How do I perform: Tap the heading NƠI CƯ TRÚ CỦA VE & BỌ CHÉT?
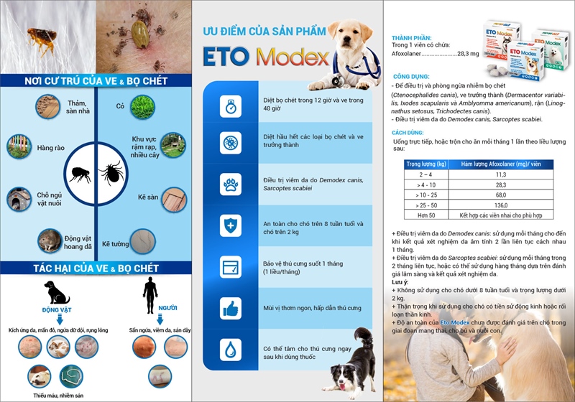pos(96,80)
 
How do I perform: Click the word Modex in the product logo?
pos(298,57)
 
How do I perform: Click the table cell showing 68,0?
pos(500,195)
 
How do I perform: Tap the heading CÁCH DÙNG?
pos(406,134)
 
